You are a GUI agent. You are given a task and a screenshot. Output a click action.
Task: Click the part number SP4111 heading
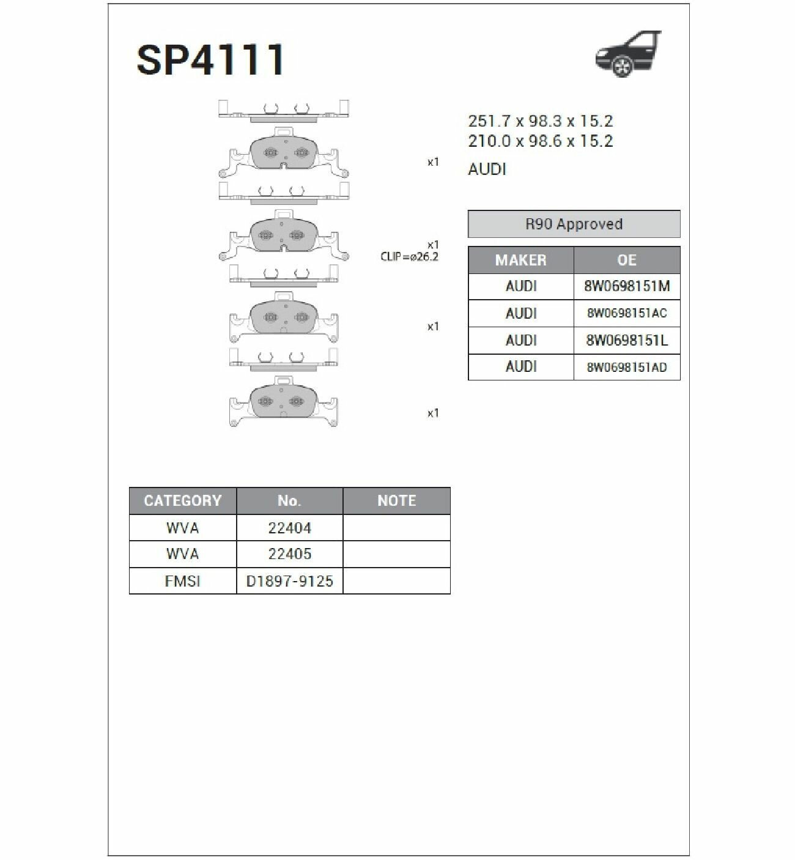point(210,60)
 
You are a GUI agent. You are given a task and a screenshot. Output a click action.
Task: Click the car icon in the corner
point(628,54)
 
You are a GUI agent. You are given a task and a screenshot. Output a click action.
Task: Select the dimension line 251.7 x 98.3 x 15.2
point(541,121)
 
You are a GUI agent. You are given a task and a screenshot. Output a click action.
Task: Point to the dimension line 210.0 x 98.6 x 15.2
point(541,141)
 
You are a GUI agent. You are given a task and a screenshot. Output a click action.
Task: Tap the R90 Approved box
point(574,224)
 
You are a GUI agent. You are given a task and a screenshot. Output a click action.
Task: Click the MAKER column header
point(521,260)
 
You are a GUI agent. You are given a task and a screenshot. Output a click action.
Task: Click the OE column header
point(627,260)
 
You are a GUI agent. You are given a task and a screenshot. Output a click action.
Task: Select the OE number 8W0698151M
point(627,286)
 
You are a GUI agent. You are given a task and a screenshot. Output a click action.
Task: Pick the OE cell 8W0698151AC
point(627,313)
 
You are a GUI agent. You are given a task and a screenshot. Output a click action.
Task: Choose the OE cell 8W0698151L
point(627,340)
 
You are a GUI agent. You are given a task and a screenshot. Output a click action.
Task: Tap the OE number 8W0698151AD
point(627,367)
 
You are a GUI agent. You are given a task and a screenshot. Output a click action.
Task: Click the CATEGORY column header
point(183,500)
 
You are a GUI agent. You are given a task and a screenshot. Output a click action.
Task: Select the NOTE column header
point(397,500)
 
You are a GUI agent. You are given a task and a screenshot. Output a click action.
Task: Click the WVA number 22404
point(290,528)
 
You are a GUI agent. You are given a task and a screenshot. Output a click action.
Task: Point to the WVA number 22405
point(290,554)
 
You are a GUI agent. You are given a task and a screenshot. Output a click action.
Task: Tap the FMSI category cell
point(183,580)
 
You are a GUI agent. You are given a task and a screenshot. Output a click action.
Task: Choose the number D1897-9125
point(290,580)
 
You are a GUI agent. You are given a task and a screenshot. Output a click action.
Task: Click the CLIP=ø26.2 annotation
point(409,257)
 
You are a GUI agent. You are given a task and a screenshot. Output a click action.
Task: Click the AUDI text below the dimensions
point(487,169)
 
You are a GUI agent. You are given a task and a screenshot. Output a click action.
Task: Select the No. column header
point(290,500)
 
